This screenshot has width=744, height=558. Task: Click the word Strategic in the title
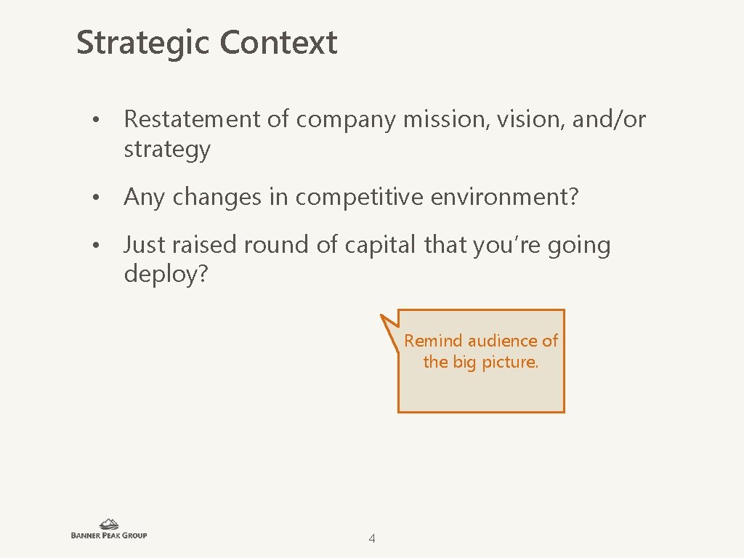[143, 43]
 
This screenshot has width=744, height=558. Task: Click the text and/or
[609, 119]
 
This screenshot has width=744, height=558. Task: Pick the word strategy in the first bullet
[167, 150]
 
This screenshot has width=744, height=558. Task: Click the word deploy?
[166, 275]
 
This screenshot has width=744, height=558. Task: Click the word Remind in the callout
[434, 341]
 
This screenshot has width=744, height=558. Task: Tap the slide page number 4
[372, 538]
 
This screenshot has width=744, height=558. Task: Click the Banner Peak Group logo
[109, 529]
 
